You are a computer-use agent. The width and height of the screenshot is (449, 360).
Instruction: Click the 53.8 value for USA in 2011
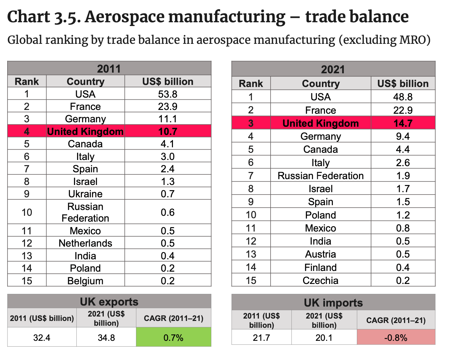[x=167, y=94]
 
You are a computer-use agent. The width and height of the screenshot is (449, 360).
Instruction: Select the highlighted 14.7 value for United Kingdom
[x=403, y=123]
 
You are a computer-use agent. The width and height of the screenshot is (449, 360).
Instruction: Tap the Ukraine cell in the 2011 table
[x=85, y=194]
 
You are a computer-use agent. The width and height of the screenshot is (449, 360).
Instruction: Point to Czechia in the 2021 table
[x=320, y=281]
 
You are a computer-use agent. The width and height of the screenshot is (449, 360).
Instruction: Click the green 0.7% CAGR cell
[x=173, y=338]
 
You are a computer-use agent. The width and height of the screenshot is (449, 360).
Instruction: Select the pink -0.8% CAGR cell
[x=396, y=338]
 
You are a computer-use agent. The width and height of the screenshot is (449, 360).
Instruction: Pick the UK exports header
[x=109, y=302]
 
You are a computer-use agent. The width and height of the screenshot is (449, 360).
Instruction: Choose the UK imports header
[x=333, y=303]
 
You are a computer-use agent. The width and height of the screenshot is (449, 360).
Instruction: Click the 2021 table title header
[x=333, y=70]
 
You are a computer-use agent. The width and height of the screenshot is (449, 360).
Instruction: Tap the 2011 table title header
[x=109, y=69]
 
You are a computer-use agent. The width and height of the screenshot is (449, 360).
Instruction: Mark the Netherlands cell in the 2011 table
[x=85, y=243]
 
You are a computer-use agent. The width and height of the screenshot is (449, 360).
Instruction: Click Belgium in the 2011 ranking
[x=85, y=281]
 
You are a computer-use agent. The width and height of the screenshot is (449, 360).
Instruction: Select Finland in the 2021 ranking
[x=320, y=268]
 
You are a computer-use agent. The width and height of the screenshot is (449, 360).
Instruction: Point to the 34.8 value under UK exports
[x=106, y=338]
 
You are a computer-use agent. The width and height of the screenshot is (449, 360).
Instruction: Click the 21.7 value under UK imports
[x=261, y=338]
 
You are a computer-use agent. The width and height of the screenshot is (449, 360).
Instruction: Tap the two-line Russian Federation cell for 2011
[x=85, y=212]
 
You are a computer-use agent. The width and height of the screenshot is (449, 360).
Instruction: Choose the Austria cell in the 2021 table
[x=320, y=254]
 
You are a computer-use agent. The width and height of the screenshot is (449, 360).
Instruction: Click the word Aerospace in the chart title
[x=133, y=17]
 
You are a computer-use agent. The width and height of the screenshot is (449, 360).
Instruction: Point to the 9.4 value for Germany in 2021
[x=403, y=136]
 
